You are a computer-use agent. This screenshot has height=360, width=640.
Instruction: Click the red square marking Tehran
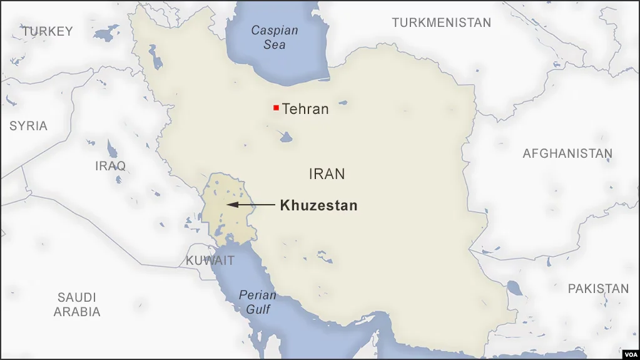(x=276, y=108)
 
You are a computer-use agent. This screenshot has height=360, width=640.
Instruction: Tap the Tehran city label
(x=305, y=109)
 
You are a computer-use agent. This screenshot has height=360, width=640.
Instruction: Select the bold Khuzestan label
(x=318, y=205)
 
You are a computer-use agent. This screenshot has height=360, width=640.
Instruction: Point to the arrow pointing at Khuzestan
(x=250, y=205)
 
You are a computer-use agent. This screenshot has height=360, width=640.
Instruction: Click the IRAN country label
(x=327, y=173)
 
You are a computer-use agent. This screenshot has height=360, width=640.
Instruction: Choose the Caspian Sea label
(x=274, y=37)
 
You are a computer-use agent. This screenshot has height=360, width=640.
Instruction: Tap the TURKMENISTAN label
(x=441, y=23)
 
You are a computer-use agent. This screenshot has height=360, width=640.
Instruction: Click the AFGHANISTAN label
(x=567, y=153)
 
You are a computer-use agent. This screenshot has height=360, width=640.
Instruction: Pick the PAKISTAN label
(x=598, y=289)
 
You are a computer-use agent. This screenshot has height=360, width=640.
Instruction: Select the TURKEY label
(x=47, y=31)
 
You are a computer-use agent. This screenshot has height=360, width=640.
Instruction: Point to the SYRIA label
(x=28, y=126)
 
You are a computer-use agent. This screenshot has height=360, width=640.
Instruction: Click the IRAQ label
(x=110, y=166)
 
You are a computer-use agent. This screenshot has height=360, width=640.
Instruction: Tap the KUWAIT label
(x=210, y=260)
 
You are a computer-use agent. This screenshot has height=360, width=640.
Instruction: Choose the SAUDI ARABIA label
(x=77, y=304)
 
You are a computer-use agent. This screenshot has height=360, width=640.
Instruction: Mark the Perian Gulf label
(x=257, y=302)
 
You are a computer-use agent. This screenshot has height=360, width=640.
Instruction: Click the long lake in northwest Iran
(x=154, y=57)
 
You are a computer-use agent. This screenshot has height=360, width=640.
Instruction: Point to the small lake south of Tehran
(x=286, y=136)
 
